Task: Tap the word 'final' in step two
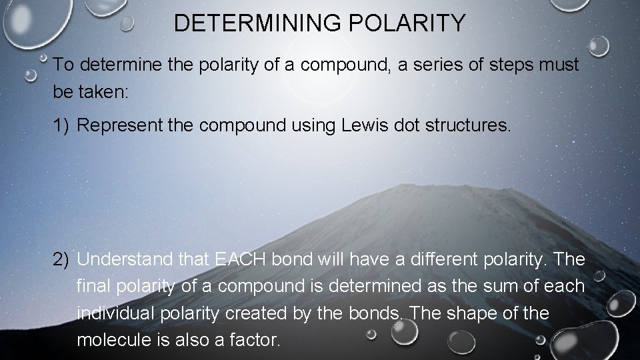pyautogui.click(x=95, y=287)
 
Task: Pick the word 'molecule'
pyautogui.click(x=111, y=340)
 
